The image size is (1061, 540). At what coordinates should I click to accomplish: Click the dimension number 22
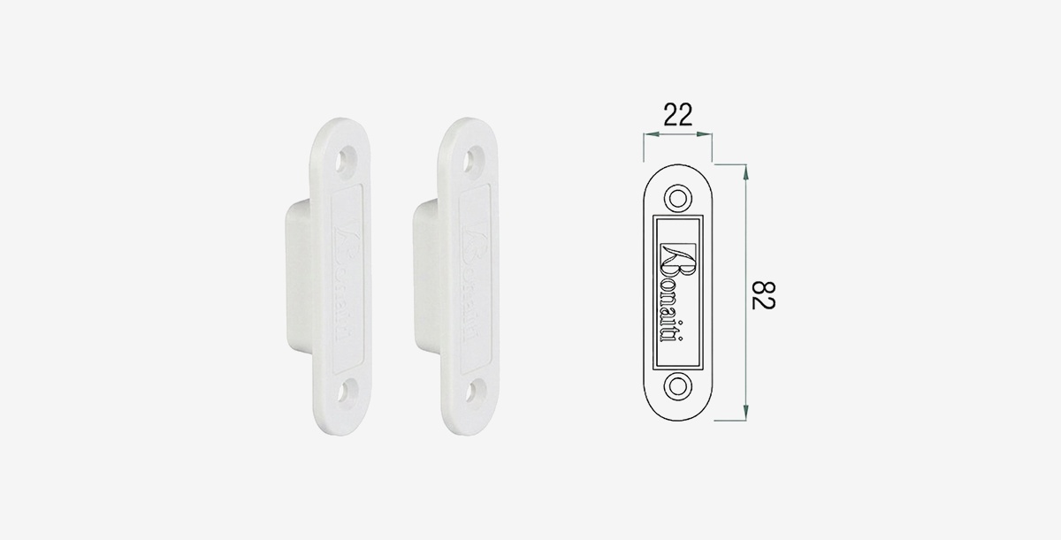tap(678, 115)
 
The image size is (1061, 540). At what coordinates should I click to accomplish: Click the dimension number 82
tap(764, 296)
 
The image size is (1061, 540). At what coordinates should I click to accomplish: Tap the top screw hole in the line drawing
tap(678, 198)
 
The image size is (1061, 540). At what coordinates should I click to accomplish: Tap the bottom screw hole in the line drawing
tap(678, 386)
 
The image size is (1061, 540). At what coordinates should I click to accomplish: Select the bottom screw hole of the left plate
tap(347, 392)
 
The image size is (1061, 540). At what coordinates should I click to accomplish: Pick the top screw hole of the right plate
tap(473, 160)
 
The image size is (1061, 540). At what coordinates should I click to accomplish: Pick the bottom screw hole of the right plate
tap(474, 391)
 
